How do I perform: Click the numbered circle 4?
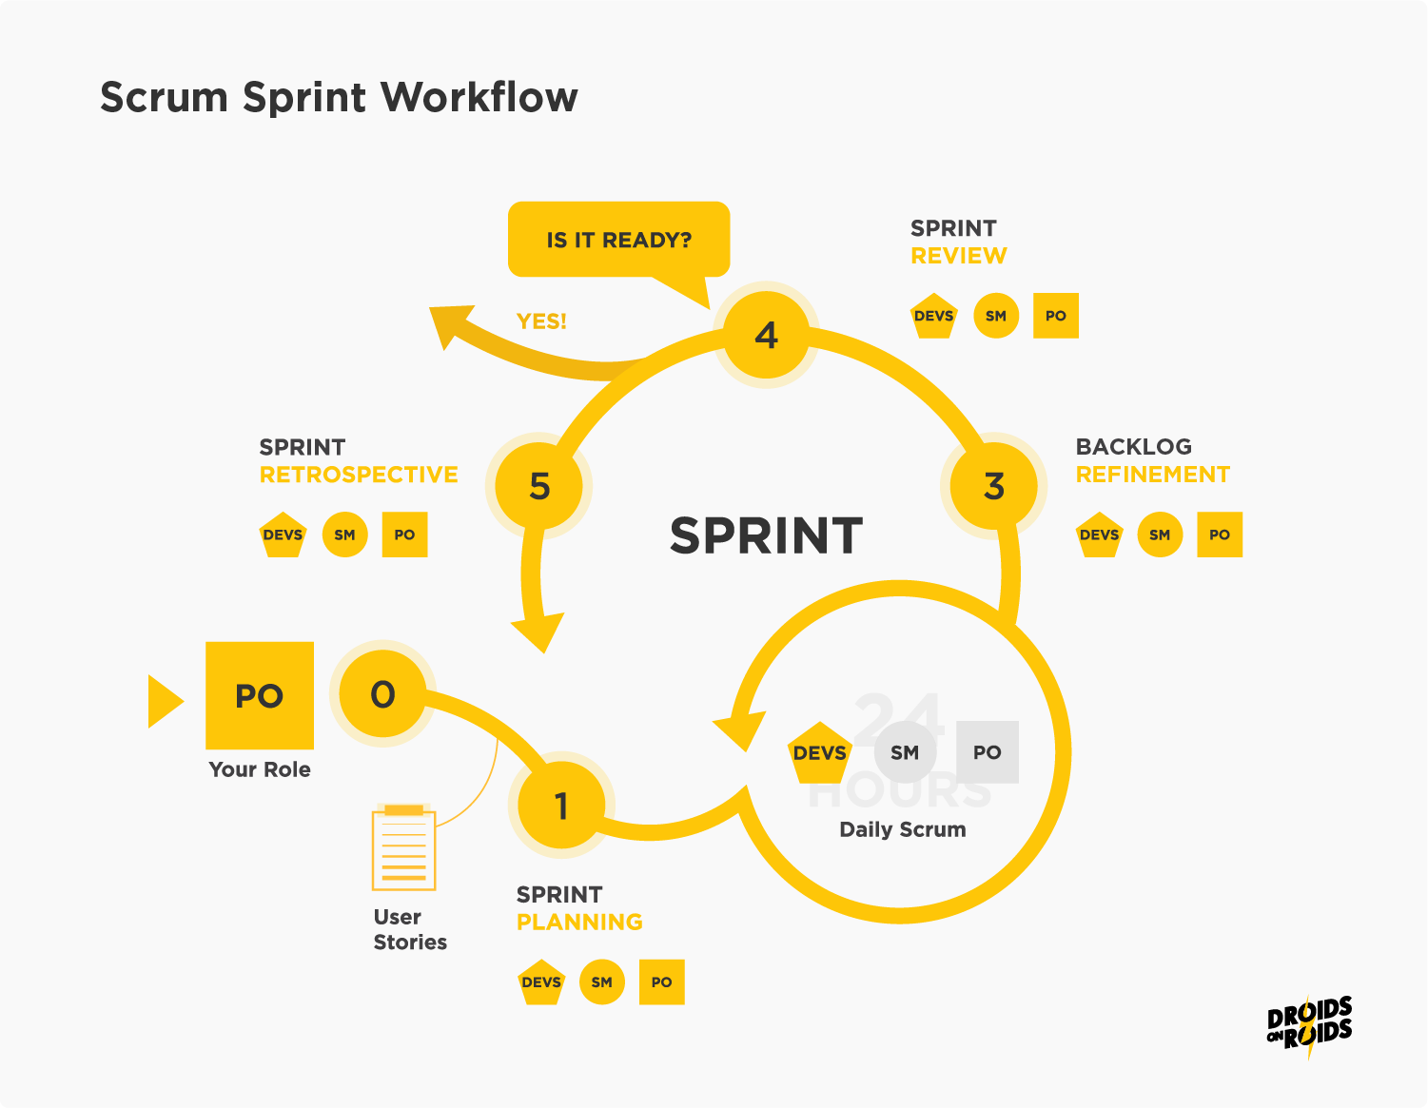pyautogui.click(x=766, y=335)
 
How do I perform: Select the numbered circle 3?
pyautogui.click(x=993, y=486)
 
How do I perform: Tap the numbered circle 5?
pyautogui.click(x=539, y=486)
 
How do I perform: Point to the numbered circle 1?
pyautogui.click(x=561, y=806)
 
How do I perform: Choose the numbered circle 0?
pyautogui.click(x=382, y=694)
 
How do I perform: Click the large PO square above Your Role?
pyautogui.click(x=260, y=695)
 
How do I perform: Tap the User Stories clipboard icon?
pyautogui.click(x=404, y=847)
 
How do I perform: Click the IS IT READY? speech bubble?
pyautogui.click(x=618, y=240)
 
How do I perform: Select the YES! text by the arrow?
pyautogui.click(x=541, y=321)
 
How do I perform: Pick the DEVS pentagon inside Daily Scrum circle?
pyautogui.click(x=819, y=753)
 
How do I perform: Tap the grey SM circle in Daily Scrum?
pyautogui.click(x=905, y=752)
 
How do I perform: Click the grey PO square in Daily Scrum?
pyautogui.click(x=988, y=752)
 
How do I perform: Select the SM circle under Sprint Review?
pyautogui.click(x=996, y=316)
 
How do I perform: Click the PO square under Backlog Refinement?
pyautogui.click(x=1220, y=535)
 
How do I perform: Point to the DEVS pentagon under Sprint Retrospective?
pyautogui.click(x=283, y=535)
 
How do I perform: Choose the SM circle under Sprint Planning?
pyautogui.click(x=601, y=982)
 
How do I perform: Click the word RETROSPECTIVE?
pyautogui.click(x=359, y=475)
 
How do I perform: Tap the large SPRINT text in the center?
pyautogui.click(x=766, y=535)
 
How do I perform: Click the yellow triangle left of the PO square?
pyautogui.click(x=164, y=701)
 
